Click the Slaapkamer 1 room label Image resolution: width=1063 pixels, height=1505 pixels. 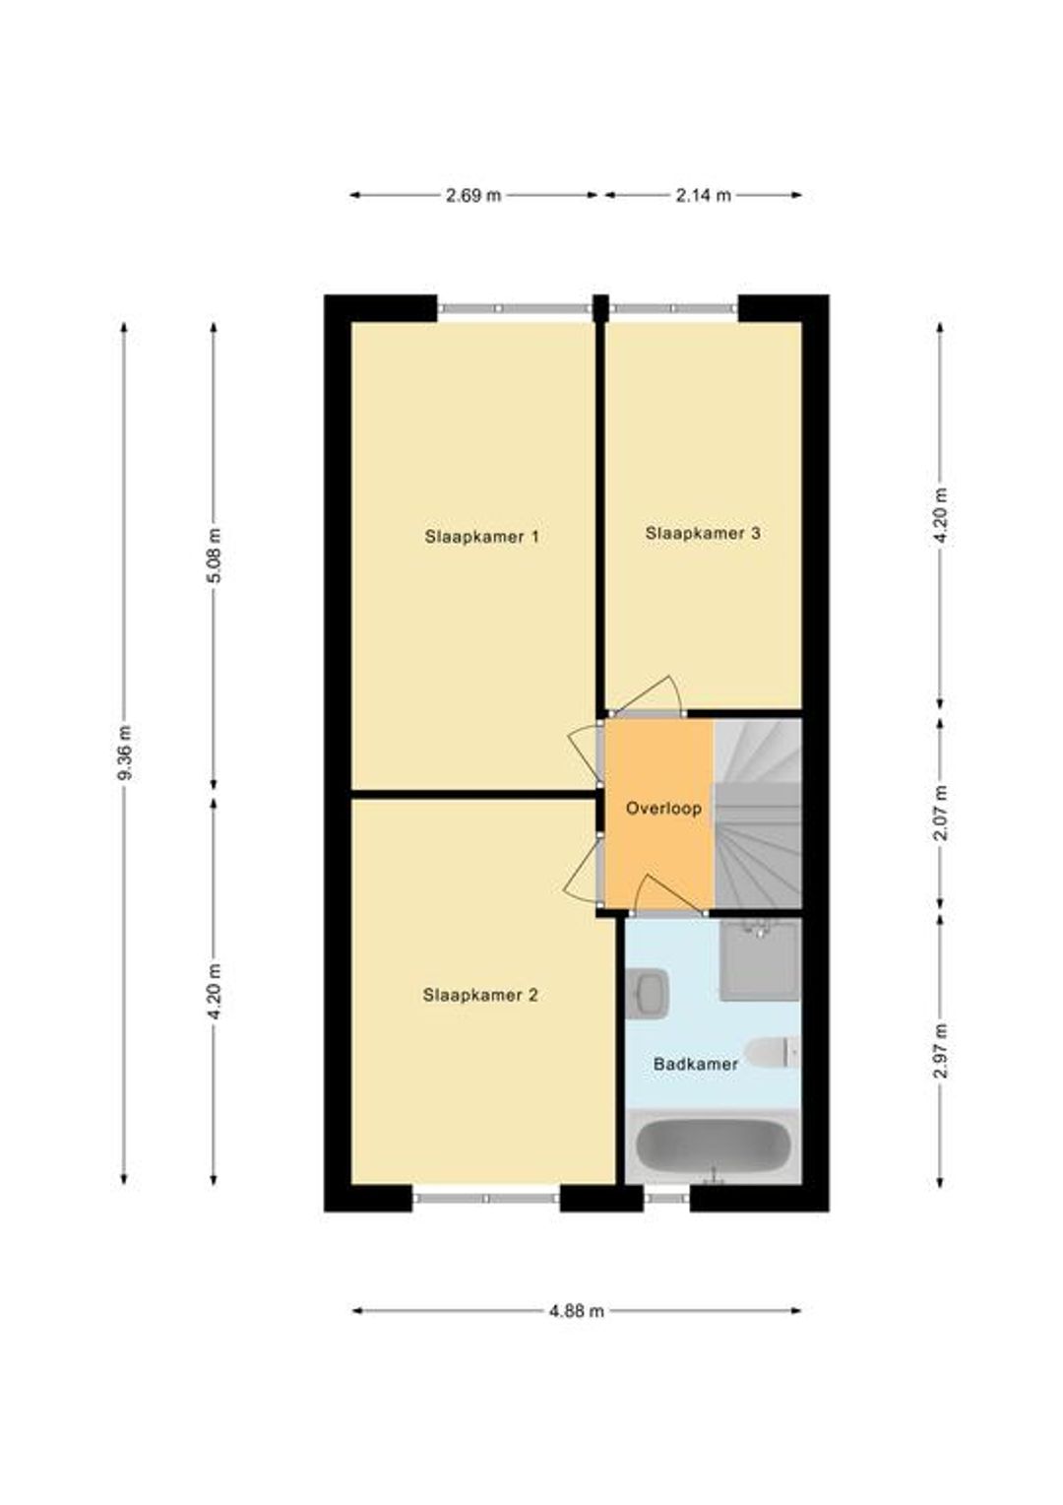tap(481, 537)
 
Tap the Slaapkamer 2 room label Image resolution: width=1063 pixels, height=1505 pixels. tap(480, 995)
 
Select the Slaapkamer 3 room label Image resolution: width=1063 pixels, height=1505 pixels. tap(703, 533)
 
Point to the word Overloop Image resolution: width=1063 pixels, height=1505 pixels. tap(663, 809)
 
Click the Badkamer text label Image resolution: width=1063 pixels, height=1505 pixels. tap(696, 1065)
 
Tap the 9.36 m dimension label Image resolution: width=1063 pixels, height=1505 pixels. tap(124, 753)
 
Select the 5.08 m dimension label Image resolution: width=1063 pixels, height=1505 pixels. tap(214, 556)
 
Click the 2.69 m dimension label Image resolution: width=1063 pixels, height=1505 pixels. tap(473, 196)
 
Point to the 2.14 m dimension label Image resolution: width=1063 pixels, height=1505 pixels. tap(703, 196)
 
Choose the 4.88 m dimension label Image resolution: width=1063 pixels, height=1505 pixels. tap(577, 1311)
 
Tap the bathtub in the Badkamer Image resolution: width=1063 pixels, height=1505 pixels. tap(714, 1147)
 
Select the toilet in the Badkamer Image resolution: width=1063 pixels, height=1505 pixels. tap(773, 1052)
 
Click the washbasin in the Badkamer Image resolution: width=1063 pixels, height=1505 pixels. tap(648, 993)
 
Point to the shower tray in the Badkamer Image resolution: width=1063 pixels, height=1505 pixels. tap(760, 959)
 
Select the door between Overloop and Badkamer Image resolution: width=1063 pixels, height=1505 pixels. tap(669, 894)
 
